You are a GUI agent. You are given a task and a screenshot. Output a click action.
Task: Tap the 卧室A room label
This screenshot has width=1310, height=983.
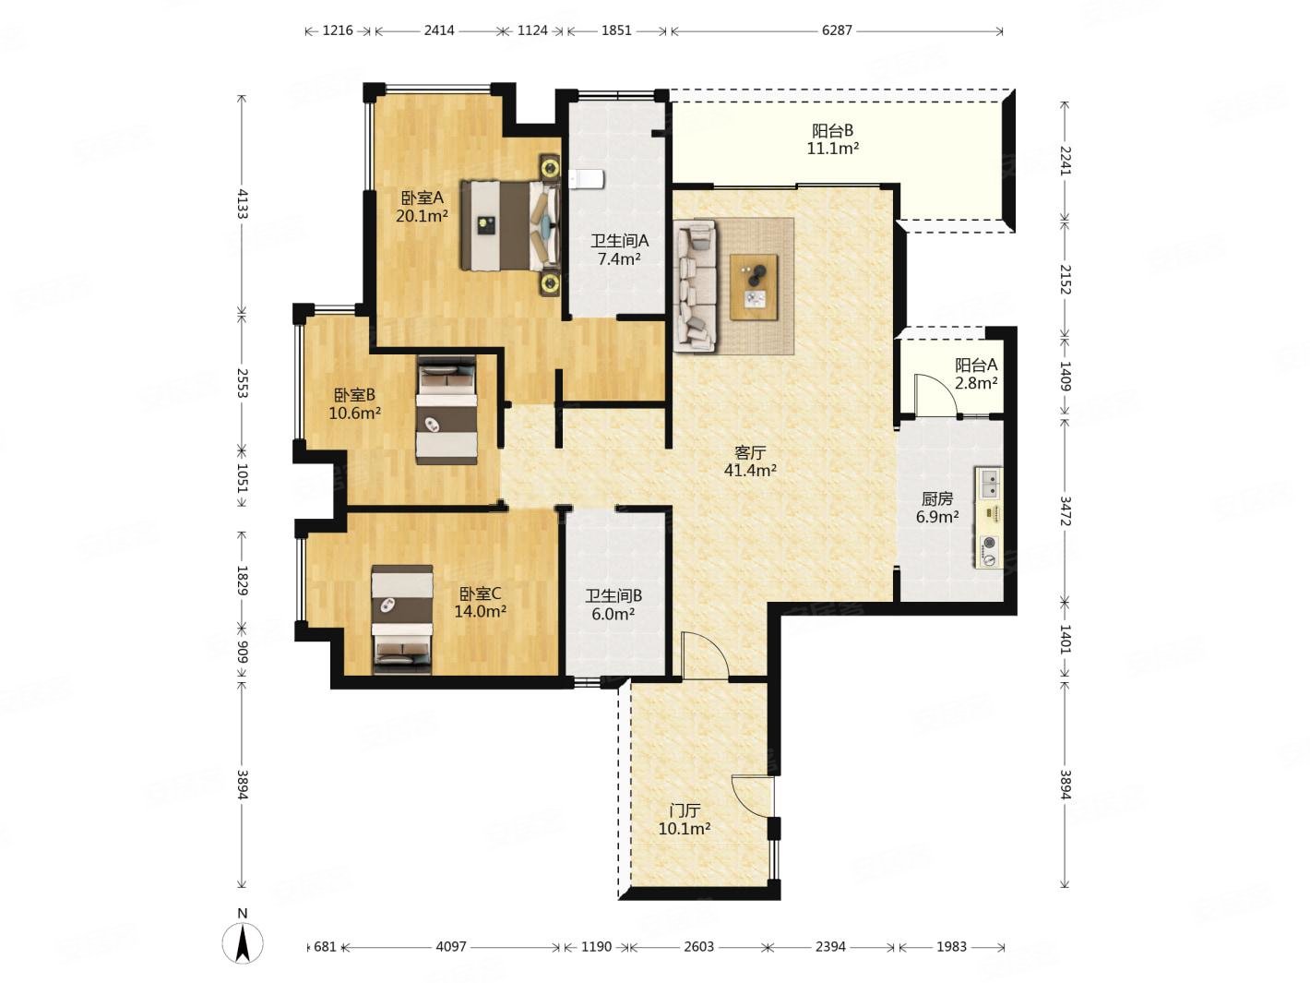click(x=421, y=198)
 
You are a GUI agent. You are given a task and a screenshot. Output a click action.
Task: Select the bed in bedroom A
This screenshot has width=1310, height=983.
click(x=509, y=225)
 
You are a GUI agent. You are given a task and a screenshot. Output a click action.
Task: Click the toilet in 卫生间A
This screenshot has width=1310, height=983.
click(x=586, y=178)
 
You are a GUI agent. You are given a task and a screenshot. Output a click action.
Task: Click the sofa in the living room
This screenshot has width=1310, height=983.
click(x=695, y=286)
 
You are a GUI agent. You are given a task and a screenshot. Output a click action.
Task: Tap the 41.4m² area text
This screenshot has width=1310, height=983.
click(x=749, y=471)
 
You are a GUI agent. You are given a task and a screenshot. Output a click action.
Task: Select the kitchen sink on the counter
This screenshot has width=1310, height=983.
click(x=988, y=484)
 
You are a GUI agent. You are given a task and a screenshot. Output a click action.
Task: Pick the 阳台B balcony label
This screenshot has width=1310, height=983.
click(x=831, y=130)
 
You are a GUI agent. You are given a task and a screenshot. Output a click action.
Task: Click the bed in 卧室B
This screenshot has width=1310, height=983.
click(x=446, y=410)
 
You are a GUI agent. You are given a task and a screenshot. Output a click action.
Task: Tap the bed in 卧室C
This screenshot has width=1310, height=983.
click(x=401, y=619)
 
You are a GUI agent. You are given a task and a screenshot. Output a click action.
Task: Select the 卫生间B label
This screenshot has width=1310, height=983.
click(x=613, y=595)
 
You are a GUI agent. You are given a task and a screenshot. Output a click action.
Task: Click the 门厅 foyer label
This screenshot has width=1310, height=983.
click(x=684, y=810)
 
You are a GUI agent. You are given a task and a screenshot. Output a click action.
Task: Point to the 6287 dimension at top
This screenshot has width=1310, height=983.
click(x=836, y=30)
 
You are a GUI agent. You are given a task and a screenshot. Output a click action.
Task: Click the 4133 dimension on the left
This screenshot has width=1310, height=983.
click(x=242, y=204)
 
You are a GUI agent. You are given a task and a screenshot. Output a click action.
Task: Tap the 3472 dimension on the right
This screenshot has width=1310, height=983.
click(x=1066, y=511)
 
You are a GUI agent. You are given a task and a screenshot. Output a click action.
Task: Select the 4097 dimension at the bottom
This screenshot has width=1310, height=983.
click(x=450, y=947)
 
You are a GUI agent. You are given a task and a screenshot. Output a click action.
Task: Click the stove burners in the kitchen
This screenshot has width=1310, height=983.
click(x=989, y=550)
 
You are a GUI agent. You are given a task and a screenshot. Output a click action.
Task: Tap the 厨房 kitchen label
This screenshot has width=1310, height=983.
click(x=936, y=498)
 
